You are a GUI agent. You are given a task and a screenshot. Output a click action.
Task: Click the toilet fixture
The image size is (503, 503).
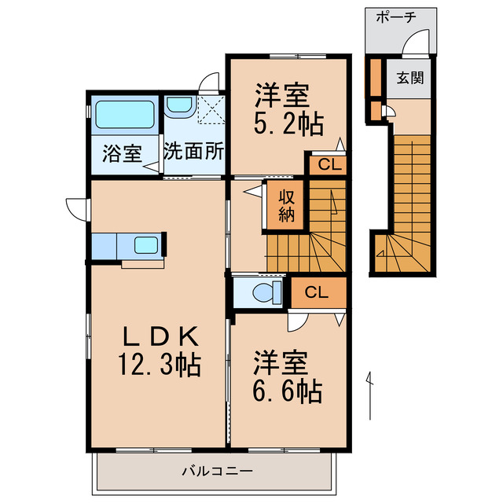point(263,293)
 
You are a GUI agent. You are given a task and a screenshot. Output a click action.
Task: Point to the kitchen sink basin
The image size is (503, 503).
point(146,244)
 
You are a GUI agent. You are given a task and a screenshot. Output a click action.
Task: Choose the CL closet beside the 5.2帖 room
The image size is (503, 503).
point(325,165)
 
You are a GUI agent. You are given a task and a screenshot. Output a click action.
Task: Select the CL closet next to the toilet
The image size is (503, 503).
point(317,293)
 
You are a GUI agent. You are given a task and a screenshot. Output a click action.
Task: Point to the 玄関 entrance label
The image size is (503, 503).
point(409,78)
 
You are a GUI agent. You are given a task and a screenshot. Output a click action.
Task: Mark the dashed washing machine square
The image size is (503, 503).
point(209,110)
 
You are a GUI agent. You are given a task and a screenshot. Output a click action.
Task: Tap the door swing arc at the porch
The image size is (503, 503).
point(417,41)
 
